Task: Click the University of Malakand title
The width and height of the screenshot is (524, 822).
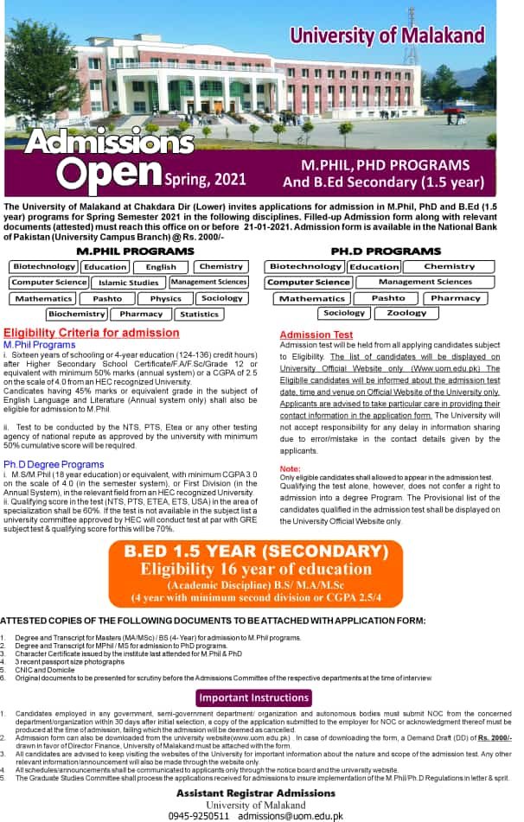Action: coord(387,35)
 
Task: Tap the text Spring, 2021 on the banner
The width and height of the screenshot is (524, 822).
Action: coord(205,179)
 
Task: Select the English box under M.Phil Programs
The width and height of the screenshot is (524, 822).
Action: coord(161,267)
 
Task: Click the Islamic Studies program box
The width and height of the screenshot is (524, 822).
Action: coord(129,283)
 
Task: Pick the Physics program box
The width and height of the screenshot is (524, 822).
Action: coord(165,298)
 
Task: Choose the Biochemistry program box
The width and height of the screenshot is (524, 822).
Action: coord(76,314)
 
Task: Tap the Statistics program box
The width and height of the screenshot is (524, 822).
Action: coord(200,314)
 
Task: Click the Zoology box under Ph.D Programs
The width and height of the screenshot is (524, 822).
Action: coord(406,313)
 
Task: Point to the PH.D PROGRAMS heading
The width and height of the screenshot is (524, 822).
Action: coord(386,251)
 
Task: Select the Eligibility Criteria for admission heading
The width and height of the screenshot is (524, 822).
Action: coord(92,333)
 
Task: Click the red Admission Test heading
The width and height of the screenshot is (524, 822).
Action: coord(316,335)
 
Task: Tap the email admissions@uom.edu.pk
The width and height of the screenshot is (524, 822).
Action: coord(291,815)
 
